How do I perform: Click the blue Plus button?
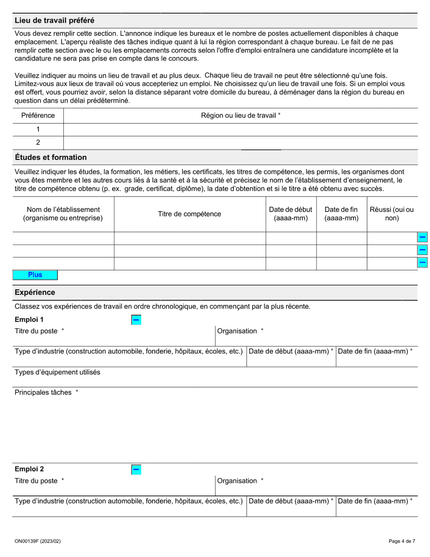point(35,275)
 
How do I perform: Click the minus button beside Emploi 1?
point(136,320)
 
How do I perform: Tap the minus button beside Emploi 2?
point(136,470)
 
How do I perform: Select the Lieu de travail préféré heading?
point(54,20)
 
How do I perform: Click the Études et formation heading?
point(51,158)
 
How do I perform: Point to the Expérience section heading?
point(35,293)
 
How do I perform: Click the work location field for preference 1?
point(240,130)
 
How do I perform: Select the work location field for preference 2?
point(240,143)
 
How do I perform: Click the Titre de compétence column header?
point(190,214)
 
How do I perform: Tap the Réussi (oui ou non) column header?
point(392,214)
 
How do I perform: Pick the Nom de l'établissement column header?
point(63,214)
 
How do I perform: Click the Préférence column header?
point(38,115)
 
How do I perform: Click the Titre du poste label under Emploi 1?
point(36,331)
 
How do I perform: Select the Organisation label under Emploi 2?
point(237,481)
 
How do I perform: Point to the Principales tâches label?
point(43,393)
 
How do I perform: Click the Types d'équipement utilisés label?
point(57,372)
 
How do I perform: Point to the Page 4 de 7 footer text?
point(401,541)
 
